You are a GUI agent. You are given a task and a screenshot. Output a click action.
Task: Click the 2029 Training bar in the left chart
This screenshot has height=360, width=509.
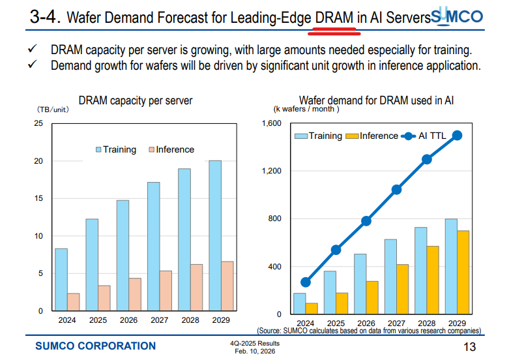pyautogui.click(x=215, y=235)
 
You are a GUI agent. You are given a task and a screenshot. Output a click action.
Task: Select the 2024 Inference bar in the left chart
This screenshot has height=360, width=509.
pyautogui.click(x=74, y=302)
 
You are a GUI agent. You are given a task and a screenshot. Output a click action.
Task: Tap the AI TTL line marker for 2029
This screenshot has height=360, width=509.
pyautogui.click(x=458, y=136)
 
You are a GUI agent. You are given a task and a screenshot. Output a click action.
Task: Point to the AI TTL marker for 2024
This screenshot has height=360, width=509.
pyautogui.click(x=306, y=282)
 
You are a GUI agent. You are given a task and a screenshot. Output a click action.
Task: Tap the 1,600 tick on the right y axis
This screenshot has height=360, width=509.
pyautogui.click(x=270, y=123)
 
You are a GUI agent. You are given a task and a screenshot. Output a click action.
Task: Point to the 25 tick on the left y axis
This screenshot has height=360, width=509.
pyautogui.click(x=38, y=123)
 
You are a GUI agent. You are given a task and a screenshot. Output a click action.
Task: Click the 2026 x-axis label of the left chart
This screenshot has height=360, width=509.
pyautogui.click(x=129, y=320)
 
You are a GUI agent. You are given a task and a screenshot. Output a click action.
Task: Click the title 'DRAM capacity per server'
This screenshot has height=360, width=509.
pyautogui.click(x=136, y=101)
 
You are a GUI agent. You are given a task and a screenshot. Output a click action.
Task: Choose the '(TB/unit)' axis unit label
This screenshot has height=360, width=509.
pyautogui.click(x=53, y=110)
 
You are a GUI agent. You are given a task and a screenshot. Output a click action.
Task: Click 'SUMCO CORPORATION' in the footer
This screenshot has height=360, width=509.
pyautogui.click(x=95, y=346)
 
